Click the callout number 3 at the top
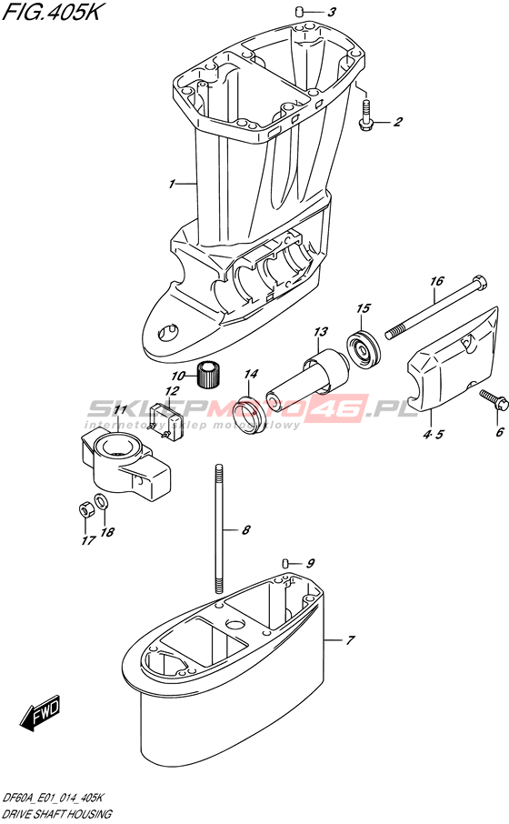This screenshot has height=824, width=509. [331, 12]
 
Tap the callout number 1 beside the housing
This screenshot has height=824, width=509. [171, 184]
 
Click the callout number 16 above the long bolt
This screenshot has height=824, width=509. [437, 281]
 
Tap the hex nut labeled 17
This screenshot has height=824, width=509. [85, 508]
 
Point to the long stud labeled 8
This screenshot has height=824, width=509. [220, 529]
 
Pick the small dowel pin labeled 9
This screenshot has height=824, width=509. [285, 563]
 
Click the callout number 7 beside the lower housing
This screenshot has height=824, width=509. [350, 640]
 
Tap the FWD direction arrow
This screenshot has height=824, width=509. [40, 714]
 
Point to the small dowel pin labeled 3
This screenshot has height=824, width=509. [299, 11]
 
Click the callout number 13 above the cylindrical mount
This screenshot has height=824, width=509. [321, 332]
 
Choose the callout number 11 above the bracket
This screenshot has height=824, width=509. [120, 409]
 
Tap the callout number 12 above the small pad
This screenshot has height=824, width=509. [171, 391]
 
